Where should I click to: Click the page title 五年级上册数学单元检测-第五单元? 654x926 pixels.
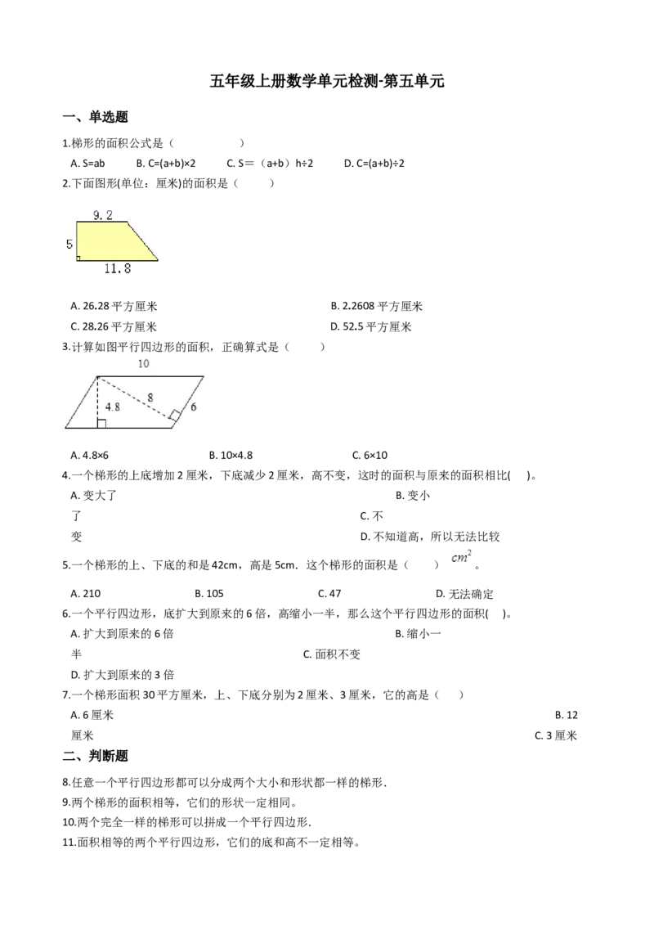coord(326,81)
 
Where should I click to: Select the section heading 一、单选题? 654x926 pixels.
coord(96,117)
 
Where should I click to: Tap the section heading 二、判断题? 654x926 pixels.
coord(96,756)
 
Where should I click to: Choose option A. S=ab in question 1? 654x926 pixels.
coord(87,163)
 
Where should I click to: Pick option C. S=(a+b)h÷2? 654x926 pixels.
coord(270,163)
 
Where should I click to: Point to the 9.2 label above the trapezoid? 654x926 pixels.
coord(103,215)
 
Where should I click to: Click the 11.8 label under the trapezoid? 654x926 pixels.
coord(118,268)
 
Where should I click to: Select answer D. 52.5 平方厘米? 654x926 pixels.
coord(370,326)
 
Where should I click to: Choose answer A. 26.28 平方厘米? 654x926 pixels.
coord(114,306)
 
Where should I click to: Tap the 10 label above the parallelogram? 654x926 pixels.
coord(143,364)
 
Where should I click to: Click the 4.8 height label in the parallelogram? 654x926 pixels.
coord(113,407)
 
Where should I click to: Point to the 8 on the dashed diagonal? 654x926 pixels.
coord(150,398)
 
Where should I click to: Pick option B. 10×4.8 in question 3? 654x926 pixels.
coord(231,456)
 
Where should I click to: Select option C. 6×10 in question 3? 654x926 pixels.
coord(370,456)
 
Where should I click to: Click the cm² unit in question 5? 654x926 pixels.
coord(462,556)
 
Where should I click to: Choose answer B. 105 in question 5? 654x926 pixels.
coord(209,594)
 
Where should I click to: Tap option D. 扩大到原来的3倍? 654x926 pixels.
coord(122,675)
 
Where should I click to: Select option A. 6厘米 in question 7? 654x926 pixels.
coord(92,715)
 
